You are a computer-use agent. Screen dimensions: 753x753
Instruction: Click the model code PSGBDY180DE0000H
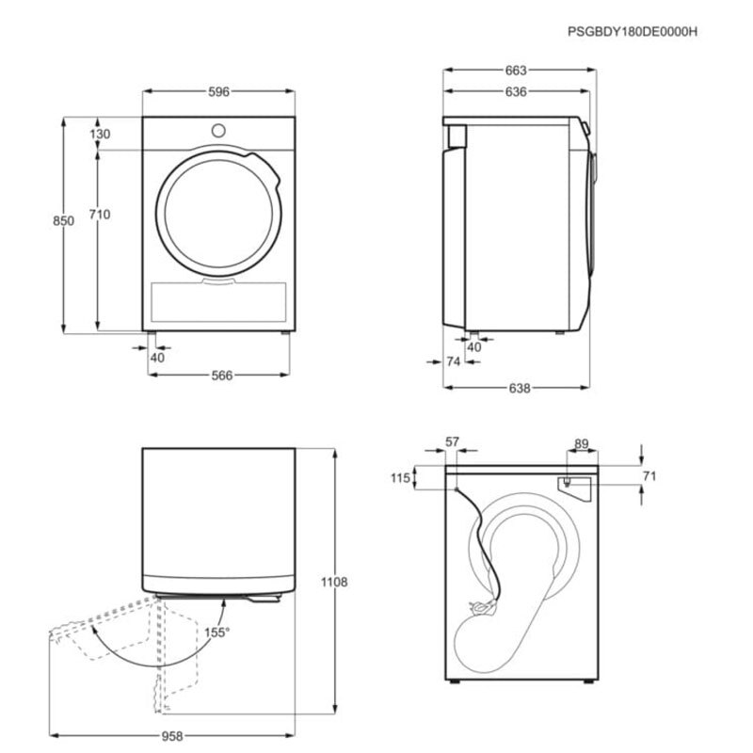[633, 32]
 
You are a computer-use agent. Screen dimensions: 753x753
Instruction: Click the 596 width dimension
[219, 91]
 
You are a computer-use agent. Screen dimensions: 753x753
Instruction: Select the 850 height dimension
[63, 221]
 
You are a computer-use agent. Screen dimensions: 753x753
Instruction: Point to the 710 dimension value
[100, 215]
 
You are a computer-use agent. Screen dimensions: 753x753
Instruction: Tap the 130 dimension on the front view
[100, 134]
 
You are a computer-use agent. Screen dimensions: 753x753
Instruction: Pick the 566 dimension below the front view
[222, 376]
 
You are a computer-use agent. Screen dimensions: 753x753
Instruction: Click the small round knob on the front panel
[218, 130]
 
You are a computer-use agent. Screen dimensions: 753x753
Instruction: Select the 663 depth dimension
[516, 71]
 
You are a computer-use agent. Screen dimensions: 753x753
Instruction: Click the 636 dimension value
[516, 91]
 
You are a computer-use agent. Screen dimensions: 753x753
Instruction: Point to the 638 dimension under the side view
[520, 388]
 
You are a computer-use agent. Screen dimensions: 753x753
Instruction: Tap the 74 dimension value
[454, 361]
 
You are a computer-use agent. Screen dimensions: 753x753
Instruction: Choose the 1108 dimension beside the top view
[334, 582]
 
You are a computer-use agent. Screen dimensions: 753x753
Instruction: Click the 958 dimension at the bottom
[172, 736]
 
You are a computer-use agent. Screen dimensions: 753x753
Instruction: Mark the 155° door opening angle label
[217, 633]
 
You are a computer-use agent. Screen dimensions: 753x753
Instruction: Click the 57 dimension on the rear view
[453, 441]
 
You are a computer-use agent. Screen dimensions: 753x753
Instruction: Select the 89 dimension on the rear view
[582, 443]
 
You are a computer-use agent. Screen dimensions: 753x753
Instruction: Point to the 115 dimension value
[401, 478]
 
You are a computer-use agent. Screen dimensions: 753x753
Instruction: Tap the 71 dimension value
[649, 476]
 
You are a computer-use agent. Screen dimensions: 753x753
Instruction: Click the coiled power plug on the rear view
[482, 607]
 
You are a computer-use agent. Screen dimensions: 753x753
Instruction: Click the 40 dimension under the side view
[474, 347]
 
